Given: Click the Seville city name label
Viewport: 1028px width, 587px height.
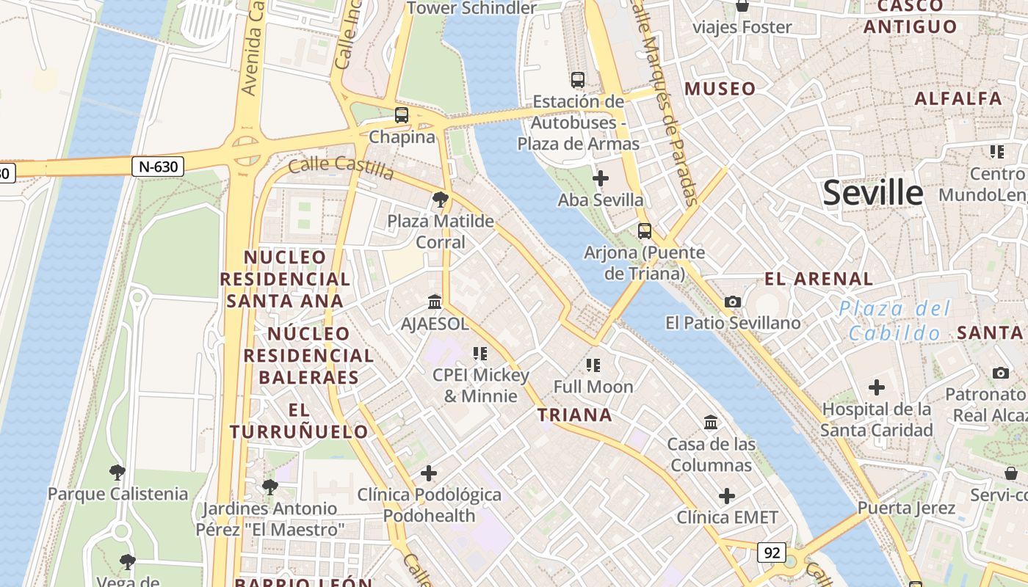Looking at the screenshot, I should point(872,193).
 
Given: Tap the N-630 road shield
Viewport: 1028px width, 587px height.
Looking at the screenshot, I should point(158,167).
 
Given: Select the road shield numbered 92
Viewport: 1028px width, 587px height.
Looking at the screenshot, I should point(771,553).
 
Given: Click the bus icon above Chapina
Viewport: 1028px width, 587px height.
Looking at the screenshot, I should point(401,115).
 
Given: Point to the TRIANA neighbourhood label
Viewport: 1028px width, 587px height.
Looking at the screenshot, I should point(574,415).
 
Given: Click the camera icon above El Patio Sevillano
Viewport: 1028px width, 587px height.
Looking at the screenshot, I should point(732,302).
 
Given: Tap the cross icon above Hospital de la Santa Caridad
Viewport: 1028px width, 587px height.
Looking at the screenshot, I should point(876,387).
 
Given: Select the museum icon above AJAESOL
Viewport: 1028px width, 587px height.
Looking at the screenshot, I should point(435,302).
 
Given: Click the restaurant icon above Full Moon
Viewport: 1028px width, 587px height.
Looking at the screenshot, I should point(593,365).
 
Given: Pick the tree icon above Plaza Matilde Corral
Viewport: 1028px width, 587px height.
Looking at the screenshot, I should point(440,199).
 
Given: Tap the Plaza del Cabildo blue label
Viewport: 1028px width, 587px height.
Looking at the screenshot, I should point(894,321).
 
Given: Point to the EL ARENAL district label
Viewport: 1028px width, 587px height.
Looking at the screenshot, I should point(819,279).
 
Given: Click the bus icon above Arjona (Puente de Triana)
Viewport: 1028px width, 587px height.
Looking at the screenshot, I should point(644,231).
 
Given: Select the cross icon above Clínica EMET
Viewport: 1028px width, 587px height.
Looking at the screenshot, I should point(726,496).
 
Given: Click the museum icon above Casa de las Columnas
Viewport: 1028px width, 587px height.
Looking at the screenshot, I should point(711,423).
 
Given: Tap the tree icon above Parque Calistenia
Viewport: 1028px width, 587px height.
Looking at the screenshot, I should point(117,472).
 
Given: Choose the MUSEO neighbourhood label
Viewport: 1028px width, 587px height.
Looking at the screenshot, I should point(720,89).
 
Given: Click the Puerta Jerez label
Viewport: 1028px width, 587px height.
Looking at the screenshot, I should point(906,508).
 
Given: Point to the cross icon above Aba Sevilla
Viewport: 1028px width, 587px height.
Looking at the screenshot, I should point(600,178).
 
